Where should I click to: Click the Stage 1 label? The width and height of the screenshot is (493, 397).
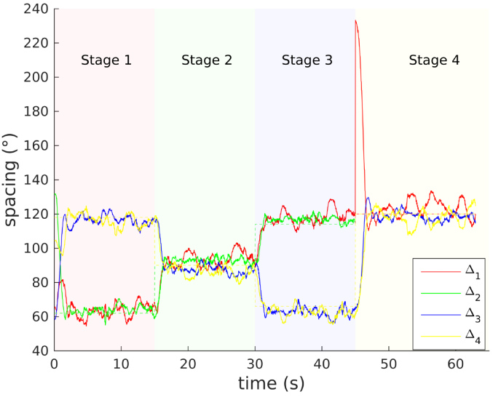tap(106, 60)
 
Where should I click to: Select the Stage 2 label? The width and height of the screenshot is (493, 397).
tap(207, 60)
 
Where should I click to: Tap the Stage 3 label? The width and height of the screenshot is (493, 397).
tap(307, 60)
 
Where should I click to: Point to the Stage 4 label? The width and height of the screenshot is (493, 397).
tap(434, 60)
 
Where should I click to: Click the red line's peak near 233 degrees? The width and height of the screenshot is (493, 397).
tap(355, 20)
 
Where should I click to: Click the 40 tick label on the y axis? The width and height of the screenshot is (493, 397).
tap(39, 350)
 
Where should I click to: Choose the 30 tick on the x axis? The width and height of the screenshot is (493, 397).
tap(255, 363)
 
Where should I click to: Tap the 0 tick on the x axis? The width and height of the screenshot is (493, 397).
tap(55, 363)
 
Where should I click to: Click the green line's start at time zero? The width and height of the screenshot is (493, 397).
tap(55, 193)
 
